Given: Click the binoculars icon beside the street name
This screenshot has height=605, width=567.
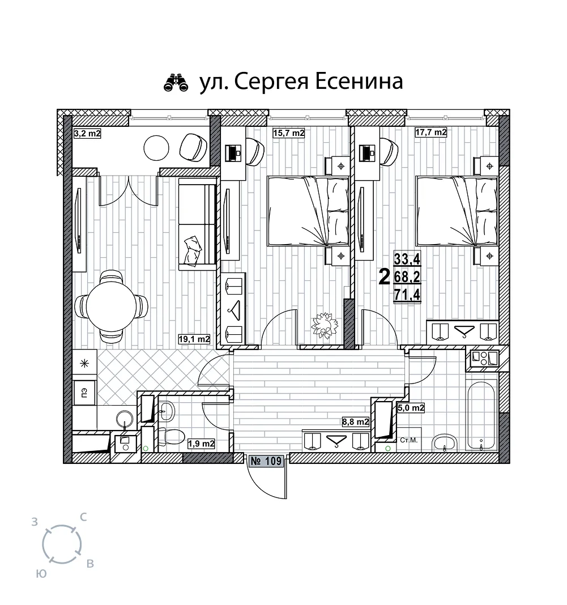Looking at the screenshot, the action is click(176, 82).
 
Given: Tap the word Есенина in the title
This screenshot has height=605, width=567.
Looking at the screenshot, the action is click(359, 81).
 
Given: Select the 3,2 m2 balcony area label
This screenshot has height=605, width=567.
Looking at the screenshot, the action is click(87, 134).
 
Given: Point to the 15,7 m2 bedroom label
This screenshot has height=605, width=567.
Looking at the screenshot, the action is click(289, 133).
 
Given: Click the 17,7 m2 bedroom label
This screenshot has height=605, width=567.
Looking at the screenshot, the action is click(431, 133).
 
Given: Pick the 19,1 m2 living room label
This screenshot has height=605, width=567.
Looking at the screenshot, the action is click(194, 339).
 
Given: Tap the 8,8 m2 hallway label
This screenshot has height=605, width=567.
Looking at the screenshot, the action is click(356, 421).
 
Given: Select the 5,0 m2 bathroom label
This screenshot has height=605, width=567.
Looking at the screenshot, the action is click(411, 408).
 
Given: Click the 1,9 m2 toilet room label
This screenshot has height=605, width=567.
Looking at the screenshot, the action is click(201, 444).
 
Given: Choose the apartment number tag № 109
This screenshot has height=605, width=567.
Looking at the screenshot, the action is click(267, 461).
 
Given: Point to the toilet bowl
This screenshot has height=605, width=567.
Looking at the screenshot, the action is click(170, 437).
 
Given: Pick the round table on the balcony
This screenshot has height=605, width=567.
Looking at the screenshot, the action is click(156, 147).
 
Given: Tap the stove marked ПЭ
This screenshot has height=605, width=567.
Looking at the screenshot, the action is click(84, 393).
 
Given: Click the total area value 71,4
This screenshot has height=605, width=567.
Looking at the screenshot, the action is click(407, 295).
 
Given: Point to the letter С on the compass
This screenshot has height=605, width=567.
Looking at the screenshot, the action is click(83, 517).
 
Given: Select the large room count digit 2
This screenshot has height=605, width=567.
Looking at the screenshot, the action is click(385, 277).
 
